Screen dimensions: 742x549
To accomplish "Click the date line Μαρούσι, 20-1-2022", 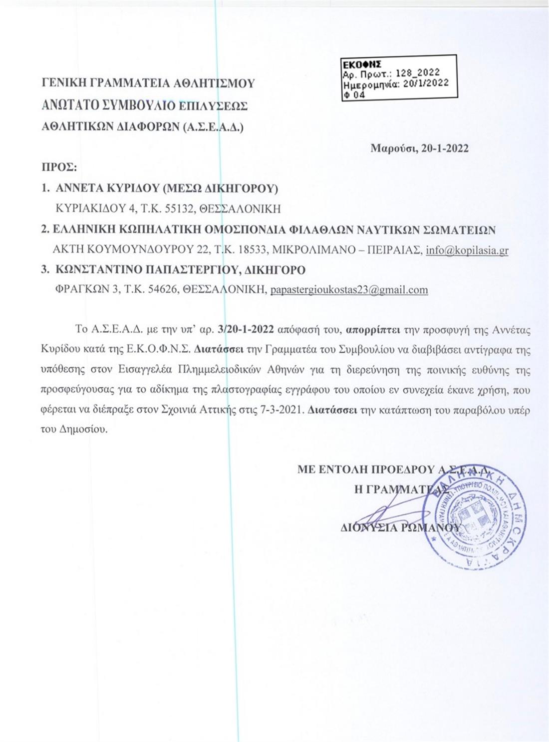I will pos(419,148).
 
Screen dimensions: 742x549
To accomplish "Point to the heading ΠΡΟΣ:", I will pos(58,167).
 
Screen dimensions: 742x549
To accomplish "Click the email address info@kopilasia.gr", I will pos(467,250).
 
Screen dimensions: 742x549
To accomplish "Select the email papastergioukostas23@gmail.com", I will pos(349,290).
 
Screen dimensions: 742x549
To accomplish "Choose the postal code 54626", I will pos(163,290).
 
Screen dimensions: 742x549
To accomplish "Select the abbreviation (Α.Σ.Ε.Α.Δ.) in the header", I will pos(214,127).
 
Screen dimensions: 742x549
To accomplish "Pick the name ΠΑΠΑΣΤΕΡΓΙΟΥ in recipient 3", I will pos(191,270).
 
